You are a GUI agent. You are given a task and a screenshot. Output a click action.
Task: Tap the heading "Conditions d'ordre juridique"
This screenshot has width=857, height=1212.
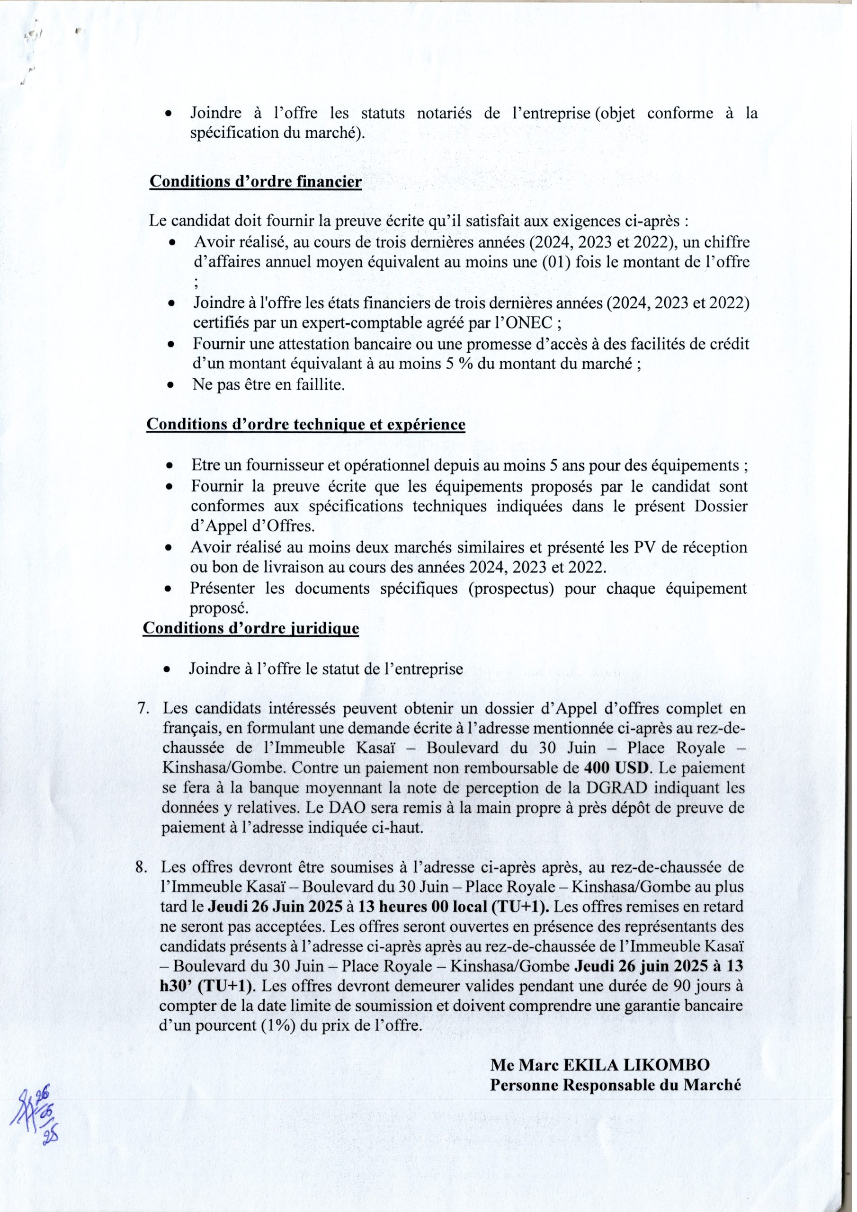251,628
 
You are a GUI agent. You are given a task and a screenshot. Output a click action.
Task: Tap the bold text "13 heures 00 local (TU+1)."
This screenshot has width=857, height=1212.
453,907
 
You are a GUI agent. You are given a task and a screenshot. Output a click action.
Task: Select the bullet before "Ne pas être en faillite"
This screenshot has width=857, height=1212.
170,385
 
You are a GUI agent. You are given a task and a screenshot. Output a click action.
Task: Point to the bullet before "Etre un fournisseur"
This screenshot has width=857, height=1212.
170,467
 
